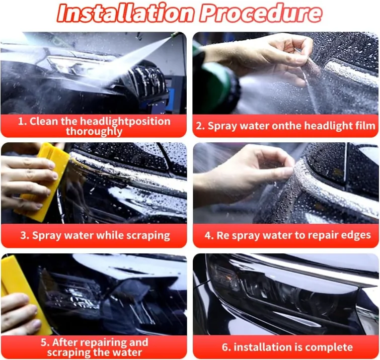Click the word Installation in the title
123,14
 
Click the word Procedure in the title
256,14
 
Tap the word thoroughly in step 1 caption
94,132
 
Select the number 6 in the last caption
225,347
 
